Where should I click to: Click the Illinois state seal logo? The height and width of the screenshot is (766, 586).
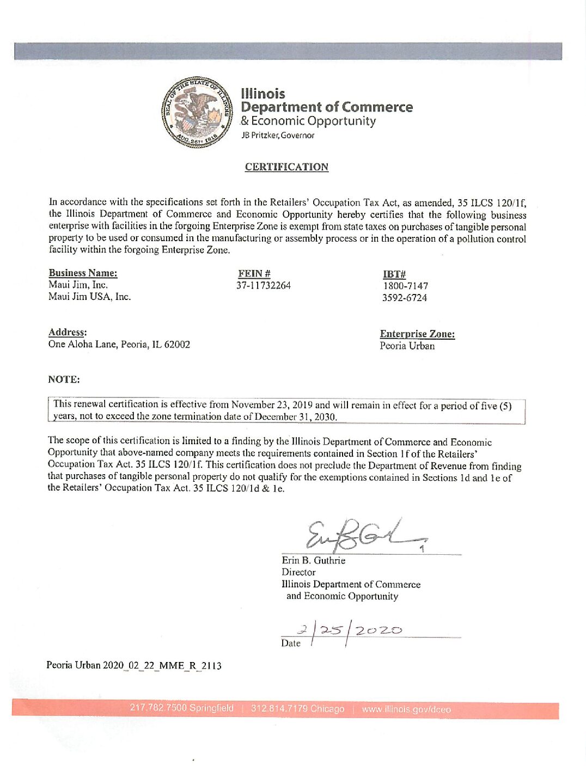pyautogui.click(x=197, y=112)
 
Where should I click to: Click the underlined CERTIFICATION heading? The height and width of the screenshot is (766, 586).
pyautogui.click(x=286, y=167)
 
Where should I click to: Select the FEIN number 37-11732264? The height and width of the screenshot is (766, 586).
pyautogui.click(x=263, y=285)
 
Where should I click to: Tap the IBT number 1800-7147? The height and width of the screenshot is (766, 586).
pyautogui.click(x=405, y=286)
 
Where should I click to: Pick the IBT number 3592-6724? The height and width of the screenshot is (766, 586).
pyautogui.click(x=404, y=298)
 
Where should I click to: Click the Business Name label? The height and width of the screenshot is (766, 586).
pyautogui.click(x=83, y=273)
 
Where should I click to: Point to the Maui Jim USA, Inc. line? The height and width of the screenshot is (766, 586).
pyautogui.click(x=89, y=297)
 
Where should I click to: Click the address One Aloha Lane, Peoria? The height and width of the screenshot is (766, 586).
pyautogui.click(x=119, y=344)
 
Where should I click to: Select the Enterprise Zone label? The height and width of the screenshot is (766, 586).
pyautogui.click(x=417, y=334)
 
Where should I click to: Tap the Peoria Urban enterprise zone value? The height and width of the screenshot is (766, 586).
pyautogui.click(x=407, y=346)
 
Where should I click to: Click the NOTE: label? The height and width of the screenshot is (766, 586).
pyautogui.click(x=64, y=379)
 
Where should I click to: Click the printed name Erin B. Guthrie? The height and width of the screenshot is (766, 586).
pyautogui.click(x=313, y=560)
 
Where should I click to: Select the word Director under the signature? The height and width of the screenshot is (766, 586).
pyautogui.click(x=298, y=572)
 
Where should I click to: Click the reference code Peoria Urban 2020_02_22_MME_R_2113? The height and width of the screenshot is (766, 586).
pyautogui.click(x=134, y=665)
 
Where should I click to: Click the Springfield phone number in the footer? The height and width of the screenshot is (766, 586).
pyautogui.click(x=181, y=708)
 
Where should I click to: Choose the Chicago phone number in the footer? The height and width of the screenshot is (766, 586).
pyautogui.click(x=297, y=709)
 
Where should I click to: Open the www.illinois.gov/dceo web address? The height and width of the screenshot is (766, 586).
pyautogui.click(x=406, y=709)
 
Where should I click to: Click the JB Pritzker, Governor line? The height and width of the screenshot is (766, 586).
pyautogui.click(x=278, y=136)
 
